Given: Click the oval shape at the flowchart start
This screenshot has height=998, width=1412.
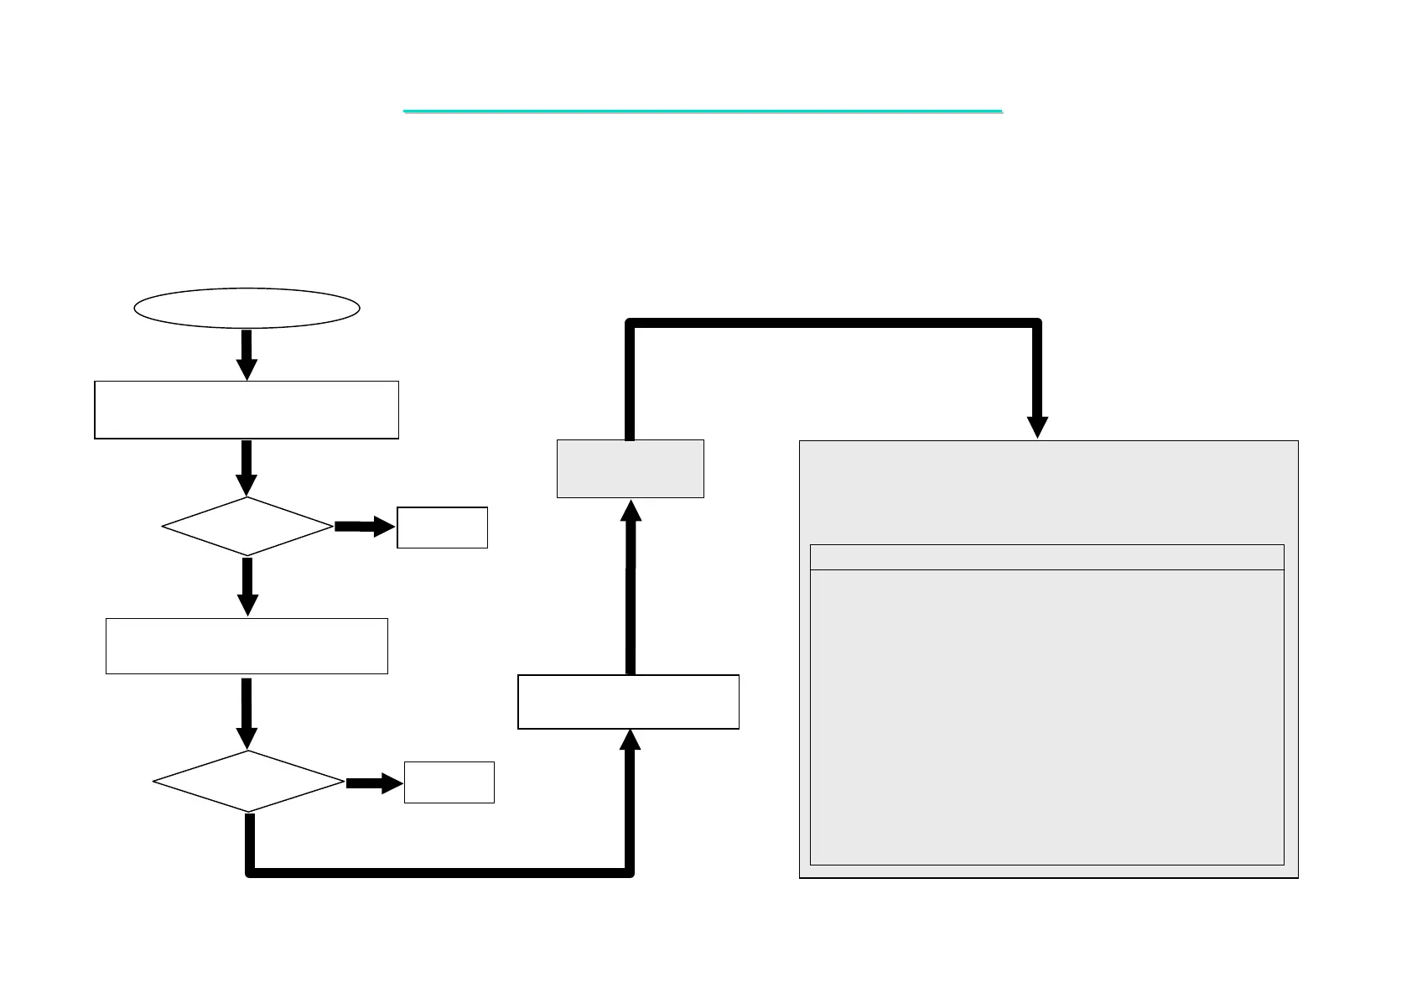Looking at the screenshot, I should tap(247, 308).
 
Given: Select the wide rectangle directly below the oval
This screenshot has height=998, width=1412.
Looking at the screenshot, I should tap(247, 409).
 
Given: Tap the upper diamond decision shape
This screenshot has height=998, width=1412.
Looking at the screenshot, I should tap(247, 527).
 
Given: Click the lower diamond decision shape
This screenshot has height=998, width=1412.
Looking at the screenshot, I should tap(248, 781).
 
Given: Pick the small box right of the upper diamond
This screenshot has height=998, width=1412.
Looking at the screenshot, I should tap(442, 528).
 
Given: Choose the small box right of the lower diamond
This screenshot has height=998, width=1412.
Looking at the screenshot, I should tap(449, 782).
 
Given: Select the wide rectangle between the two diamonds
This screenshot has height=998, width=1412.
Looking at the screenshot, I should tap(247, 646).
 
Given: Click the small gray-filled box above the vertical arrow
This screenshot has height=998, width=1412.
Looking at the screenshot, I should tap(630, 468).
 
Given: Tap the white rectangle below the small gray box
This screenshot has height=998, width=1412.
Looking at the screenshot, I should tap(628, 701).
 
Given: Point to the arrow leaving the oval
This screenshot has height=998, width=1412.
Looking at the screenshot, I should tap(247, 354).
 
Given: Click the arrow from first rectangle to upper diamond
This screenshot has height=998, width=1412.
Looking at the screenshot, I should tap(247, 468).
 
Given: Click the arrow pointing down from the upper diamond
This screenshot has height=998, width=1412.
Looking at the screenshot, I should tap(247, 586).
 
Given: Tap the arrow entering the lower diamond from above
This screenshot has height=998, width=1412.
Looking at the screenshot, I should tap(247, 713).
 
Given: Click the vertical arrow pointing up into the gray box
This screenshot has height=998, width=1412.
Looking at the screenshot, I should tap(631, 587).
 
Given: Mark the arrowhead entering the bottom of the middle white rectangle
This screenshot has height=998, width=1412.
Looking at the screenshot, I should tap(629, 740).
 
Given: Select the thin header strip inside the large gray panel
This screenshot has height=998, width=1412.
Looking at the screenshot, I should tap(1046, 557).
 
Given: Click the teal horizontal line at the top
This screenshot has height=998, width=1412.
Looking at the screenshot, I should tap(703, 111).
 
